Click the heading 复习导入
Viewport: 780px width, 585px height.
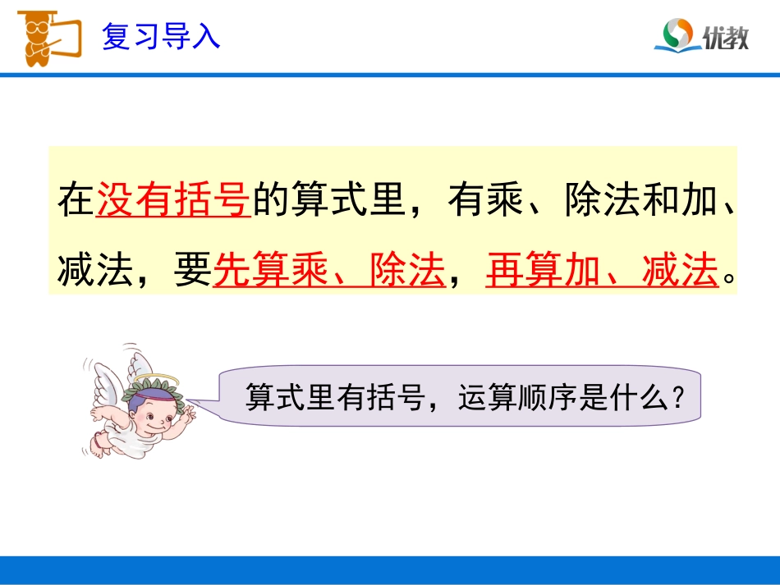[x=161, y=37]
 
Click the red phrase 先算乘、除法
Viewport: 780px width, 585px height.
[x=328, y=271]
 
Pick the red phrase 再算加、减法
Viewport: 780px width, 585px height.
[x=601, y=271]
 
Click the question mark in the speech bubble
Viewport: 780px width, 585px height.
[x=678, y=399]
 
